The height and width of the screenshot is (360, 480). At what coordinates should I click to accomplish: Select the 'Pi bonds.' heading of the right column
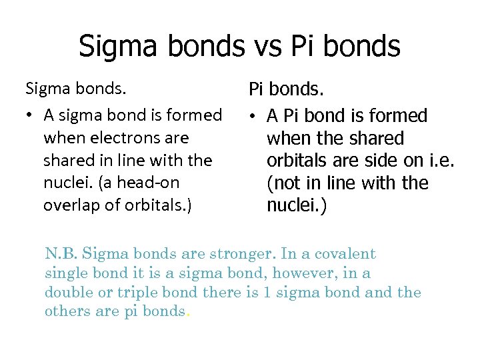tap(285, 89)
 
